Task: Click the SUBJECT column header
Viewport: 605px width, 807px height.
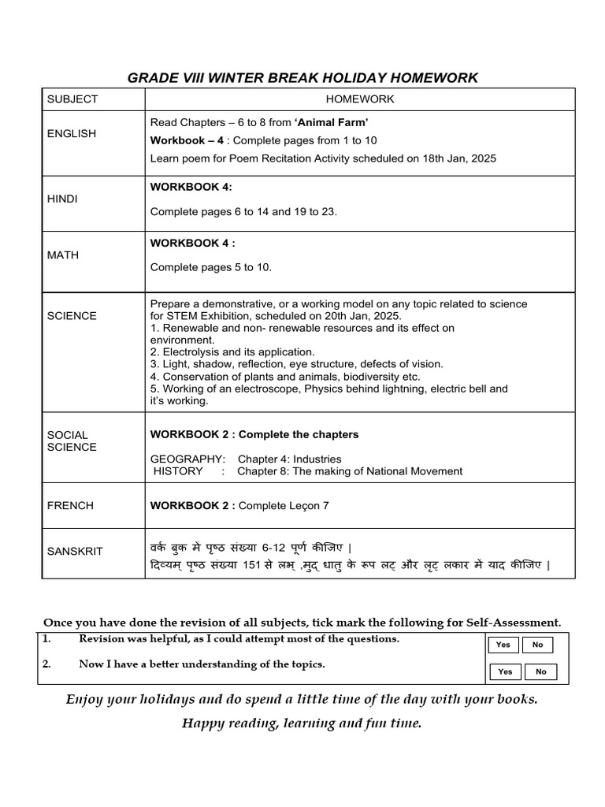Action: coord(72,99)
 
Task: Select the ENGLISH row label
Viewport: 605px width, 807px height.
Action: coord(72,134)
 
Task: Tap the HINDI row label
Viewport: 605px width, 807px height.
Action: coord(62,199)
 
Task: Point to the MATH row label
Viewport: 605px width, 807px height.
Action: coord(62,255)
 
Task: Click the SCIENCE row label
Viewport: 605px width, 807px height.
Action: coord(72,316)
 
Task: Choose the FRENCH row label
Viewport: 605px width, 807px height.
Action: coord(70,506)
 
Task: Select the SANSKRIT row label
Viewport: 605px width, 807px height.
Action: coord(75,552)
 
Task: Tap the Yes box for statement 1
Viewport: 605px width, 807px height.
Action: coord(503,645)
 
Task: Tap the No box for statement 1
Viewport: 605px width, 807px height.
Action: coord(537,645)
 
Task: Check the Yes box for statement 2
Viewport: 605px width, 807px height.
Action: coord(505,671)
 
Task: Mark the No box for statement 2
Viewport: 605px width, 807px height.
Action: coord(540,671)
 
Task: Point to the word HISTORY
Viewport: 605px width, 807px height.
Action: coord(178,471)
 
